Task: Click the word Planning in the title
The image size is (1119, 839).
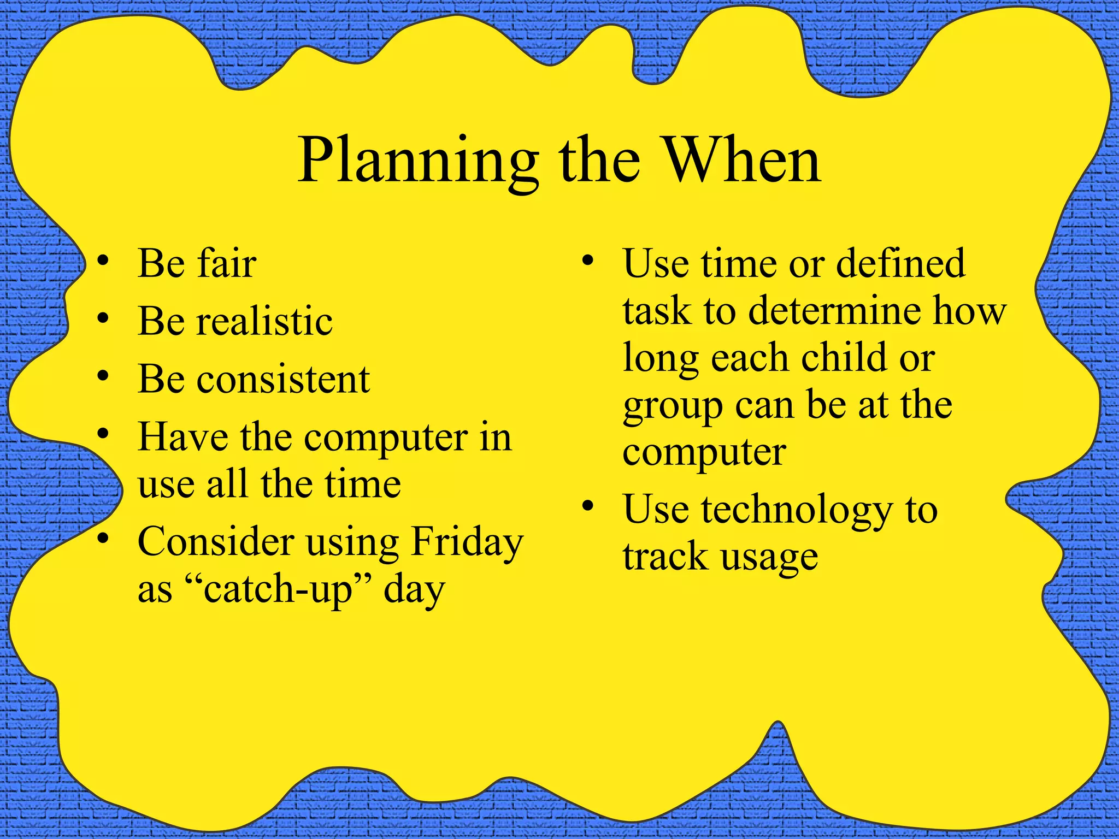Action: (418, 162)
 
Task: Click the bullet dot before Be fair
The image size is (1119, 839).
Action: (103, 261)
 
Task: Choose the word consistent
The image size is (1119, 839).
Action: (283, 379)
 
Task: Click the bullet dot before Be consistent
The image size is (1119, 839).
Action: (103, 376)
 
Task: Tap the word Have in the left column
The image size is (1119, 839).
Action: (182, 437)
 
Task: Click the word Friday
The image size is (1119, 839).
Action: (467, 542)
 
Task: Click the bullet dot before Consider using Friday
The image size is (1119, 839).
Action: (103, 538)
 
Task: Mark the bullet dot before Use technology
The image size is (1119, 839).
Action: (588, 506)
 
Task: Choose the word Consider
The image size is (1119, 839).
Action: (215, 542)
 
